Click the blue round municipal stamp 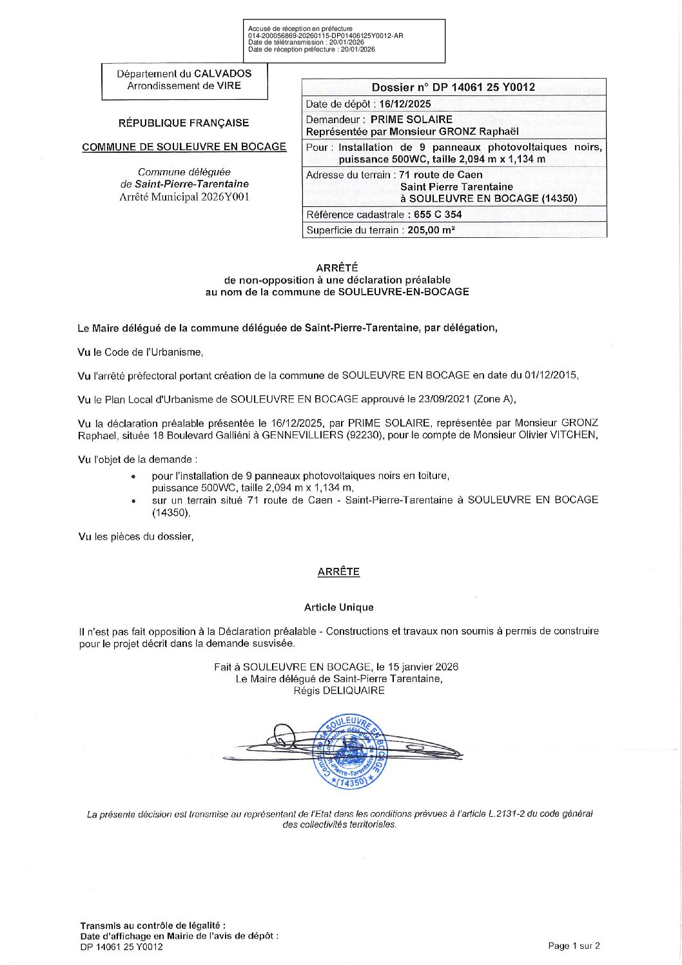(351, 752)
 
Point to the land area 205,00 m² (431, 230)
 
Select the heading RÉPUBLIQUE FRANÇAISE (184, 123)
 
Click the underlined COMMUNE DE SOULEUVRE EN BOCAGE (184, 147)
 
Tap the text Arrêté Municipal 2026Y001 (184, 197)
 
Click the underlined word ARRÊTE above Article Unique (338, 572)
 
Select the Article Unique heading (338, 607)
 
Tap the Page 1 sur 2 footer (574, 946)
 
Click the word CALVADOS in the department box (223, 73)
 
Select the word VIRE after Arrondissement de (229, 86)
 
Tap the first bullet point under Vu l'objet (133, 476)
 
